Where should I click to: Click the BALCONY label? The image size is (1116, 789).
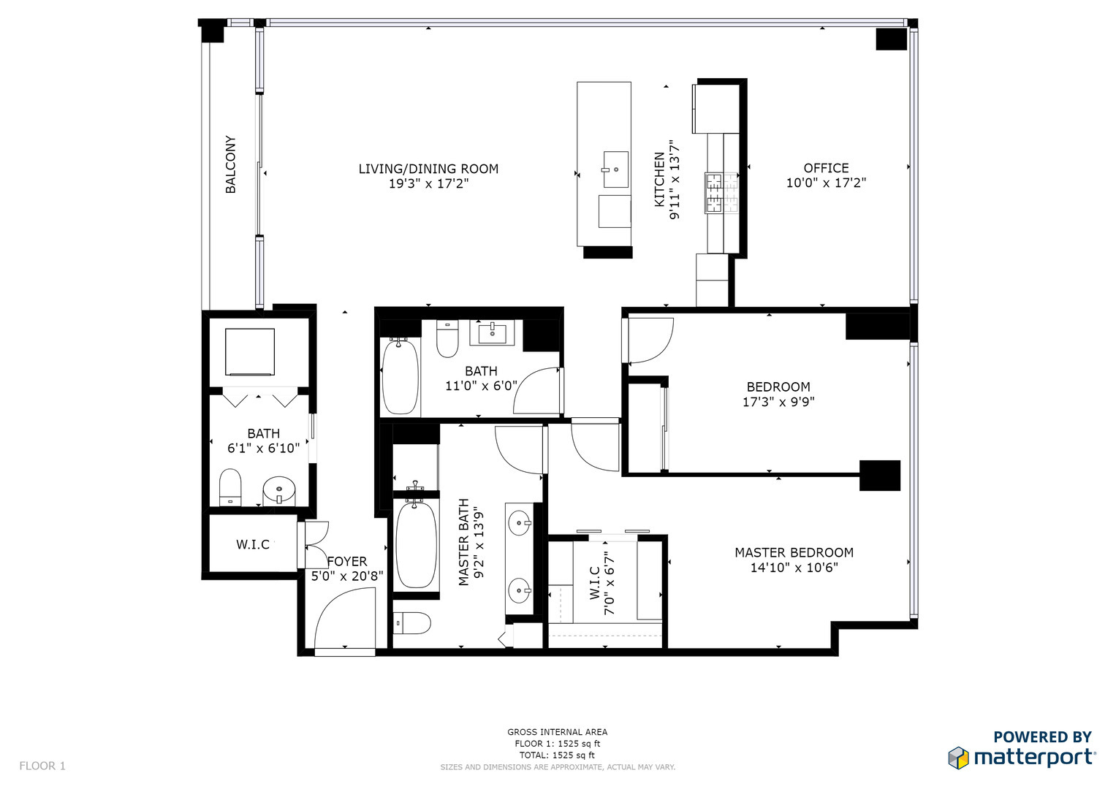click(x=230, y=164)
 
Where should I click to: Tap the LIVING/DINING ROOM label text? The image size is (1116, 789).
click(x=428, y=169)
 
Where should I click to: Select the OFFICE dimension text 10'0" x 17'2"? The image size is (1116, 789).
click(x=826, y=183)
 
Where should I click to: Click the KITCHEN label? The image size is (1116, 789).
click(x=659, y=180)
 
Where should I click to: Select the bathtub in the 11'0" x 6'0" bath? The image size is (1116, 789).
click(x=400, y=377)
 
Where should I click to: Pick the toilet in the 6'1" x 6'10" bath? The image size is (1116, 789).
click(x=230, y=487)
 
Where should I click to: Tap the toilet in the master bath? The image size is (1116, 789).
click(x=413, y=623)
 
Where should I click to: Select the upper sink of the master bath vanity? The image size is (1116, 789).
click(x=520, y=523)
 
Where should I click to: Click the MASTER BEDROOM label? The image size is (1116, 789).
click(x=794, y=553)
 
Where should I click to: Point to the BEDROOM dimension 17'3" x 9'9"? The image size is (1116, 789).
click(x=778, y=402)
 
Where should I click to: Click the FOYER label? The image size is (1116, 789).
click(x=347, y=562)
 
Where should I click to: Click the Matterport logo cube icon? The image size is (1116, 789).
click(x=959, y=758)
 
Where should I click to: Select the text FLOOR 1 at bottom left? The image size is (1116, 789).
click(x=42, y=766)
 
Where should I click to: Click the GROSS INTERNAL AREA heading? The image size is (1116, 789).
click(x=557, y=732)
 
